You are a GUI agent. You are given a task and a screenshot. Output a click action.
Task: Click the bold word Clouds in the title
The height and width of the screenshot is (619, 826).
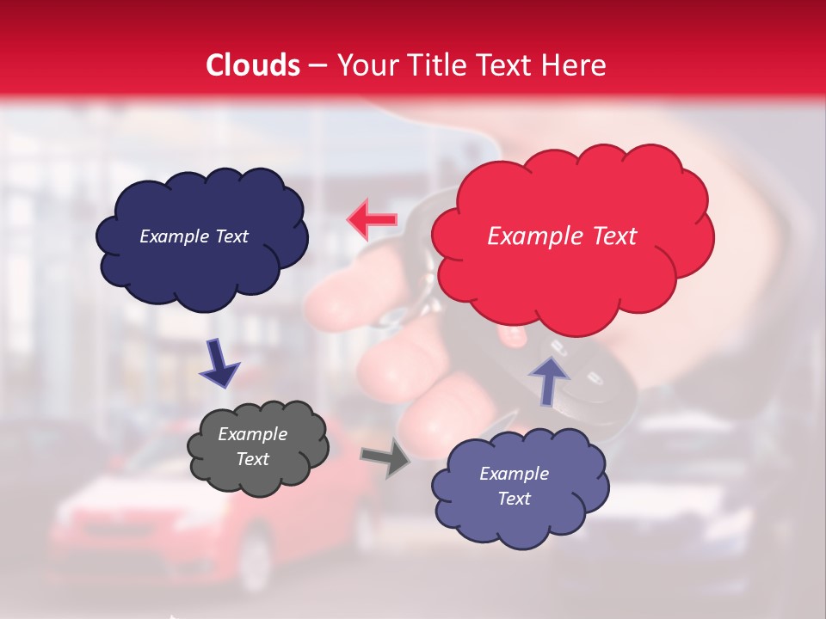(253, 65)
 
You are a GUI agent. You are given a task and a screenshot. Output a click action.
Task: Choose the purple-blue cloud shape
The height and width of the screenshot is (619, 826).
(520, 524)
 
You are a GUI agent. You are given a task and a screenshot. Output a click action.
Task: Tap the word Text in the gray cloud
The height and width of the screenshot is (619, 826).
(252, 459)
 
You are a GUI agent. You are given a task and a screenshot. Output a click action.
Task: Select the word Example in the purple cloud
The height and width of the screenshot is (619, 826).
(514, 474)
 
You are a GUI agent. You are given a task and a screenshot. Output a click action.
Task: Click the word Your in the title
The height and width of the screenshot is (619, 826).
(364, 65)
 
